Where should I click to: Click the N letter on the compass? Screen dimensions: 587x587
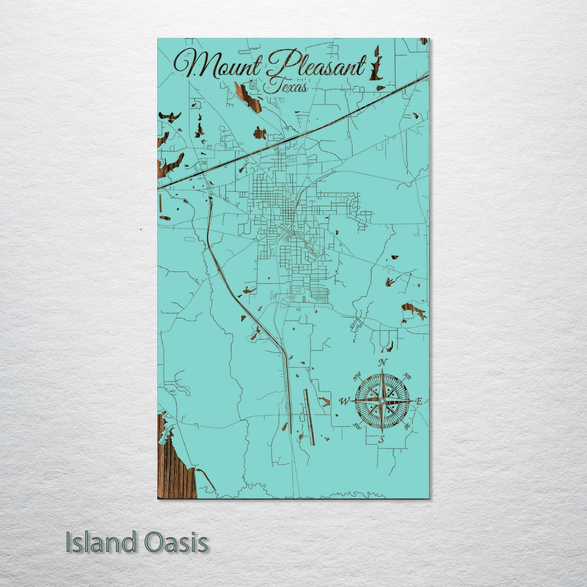pos(382,363)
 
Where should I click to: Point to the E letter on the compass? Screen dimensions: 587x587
pos(420,401)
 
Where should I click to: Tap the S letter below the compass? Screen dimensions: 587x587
pos(381,439)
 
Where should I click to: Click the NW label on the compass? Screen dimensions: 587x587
pos(357,379)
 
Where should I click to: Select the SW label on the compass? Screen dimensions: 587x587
pos(357,426)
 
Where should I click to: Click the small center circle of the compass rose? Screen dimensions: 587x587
pos(382,401)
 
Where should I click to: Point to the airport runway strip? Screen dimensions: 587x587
pos(309,416)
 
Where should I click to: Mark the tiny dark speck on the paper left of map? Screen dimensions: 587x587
pos(141,230)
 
